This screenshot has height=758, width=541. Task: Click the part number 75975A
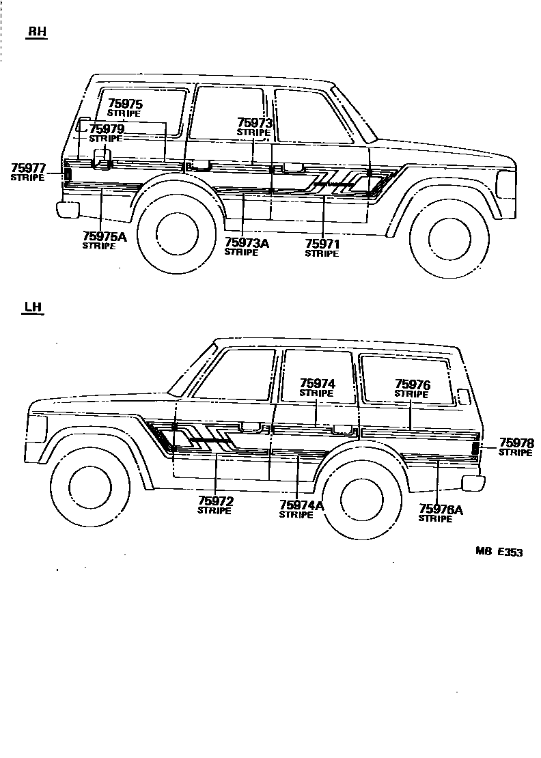tap(105, 237)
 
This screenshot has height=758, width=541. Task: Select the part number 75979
tap(107, 129)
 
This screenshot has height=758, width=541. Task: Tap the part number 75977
tap(28, 168)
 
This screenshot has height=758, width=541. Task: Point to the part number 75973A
tap(247, 242)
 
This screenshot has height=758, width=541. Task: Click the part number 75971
tap(322, 244)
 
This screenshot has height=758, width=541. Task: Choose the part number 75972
tap(215, 502)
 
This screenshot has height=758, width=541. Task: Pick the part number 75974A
tap(301, 505)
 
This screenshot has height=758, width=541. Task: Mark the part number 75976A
tap(441, 509)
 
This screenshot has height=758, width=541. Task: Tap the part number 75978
tap(516, 443)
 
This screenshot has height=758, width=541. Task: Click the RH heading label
tap(36, 32)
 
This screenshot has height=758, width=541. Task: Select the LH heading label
tap(32, 307)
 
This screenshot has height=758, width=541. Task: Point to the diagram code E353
tap(510, 552)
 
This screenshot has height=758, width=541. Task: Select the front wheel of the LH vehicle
tap(90, 487)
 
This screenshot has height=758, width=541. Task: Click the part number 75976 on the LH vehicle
tap(412, 385)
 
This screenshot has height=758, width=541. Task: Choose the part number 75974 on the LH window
tap(317, 384)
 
